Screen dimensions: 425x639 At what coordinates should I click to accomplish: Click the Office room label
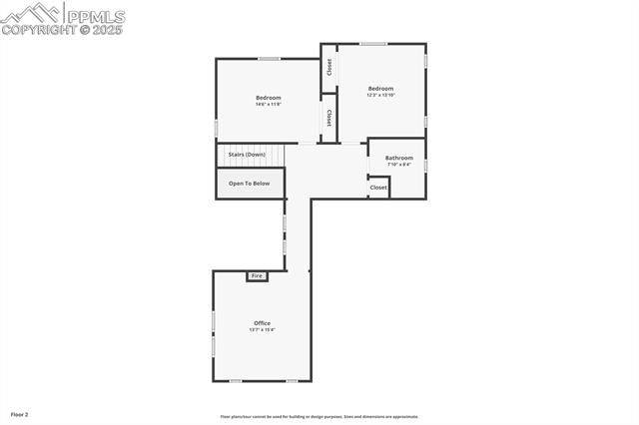pos(262,323)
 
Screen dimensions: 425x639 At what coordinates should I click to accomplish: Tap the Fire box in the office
pos(257,275)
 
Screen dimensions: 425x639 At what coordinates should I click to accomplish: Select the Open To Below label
pos(249,184)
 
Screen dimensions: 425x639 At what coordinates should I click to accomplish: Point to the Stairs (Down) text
pos(247,155)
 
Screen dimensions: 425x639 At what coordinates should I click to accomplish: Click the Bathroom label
pos(399,158)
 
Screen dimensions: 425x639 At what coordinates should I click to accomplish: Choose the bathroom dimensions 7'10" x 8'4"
pos(399,165)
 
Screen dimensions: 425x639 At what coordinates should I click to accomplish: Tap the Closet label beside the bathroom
pos(378,188)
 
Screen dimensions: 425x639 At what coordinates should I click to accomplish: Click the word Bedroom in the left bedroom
pos(268,98)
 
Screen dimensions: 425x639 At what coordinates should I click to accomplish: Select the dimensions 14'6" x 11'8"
pos(268,105)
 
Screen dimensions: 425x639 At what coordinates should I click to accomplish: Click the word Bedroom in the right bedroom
pos(380,89)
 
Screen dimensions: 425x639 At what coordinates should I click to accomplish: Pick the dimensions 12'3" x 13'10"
pos(380,96)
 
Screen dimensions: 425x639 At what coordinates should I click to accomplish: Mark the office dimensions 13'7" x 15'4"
pos(262,330)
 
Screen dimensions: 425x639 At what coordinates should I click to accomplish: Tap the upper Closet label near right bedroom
pos(328,67)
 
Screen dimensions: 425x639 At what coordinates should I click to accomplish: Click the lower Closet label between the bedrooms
pos(328,118)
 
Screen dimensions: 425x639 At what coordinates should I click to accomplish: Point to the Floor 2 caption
pos(20,413)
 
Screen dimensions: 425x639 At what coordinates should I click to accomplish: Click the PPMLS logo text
pos(95,15)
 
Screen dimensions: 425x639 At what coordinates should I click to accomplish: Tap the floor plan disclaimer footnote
pos(319,417)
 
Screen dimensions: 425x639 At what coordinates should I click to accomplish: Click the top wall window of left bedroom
pos(269,59)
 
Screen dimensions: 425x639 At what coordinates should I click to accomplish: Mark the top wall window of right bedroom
pos(373,44)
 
